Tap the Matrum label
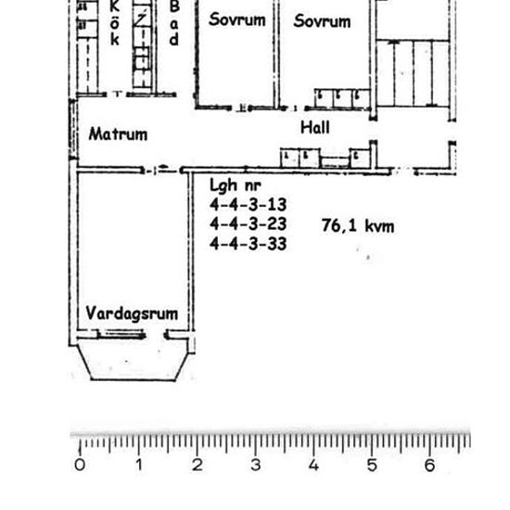pos(118,134)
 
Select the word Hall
pos(315,127)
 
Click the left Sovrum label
pos(236,19)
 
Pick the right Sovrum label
pos(322,20)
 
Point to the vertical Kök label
pos(115,23)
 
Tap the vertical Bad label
pos(173,23)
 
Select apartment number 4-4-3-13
pos(248,204)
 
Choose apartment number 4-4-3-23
pos(248,223)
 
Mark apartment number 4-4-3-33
pos(248,244)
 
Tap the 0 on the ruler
pos(80,465)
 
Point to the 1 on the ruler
pos(138,465)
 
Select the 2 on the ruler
pos(197,465)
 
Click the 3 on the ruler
pos(255,465)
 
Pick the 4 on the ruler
pos(313,465)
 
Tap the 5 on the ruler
pos(372,465)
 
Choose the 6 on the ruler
pos(430,465)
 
